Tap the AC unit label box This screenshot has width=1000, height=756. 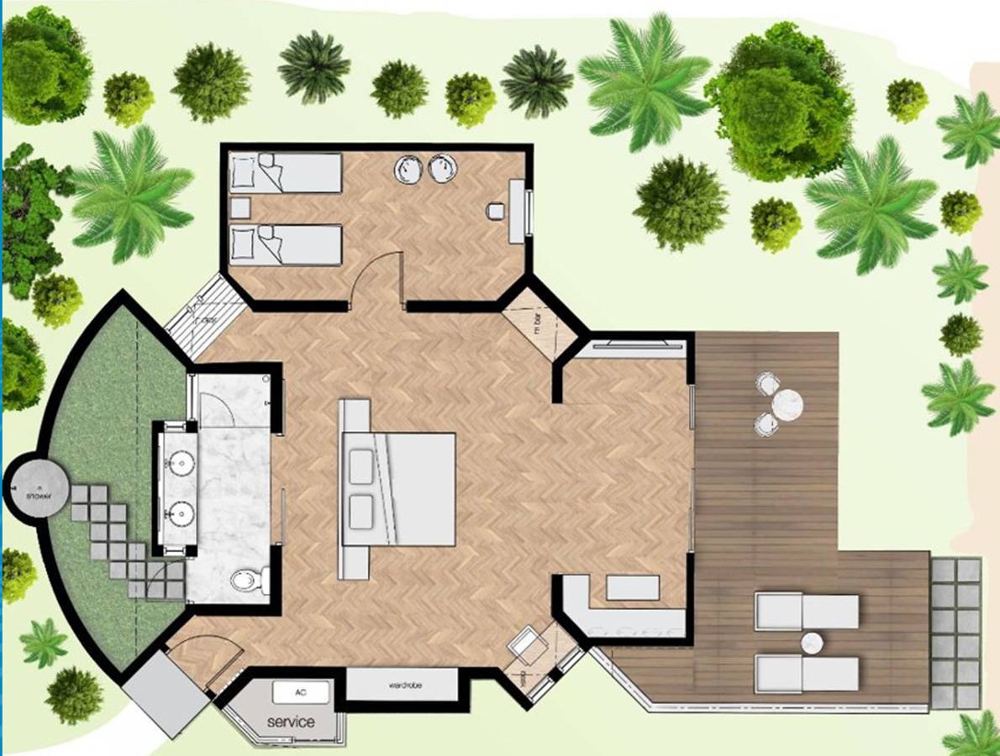301,692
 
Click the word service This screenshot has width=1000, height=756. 291,722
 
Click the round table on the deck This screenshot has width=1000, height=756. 787,405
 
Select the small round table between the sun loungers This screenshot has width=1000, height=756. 812,643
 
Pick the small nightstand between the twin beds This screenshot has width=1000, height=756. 240,207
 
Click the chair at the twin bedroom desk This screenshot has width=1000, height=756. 496,211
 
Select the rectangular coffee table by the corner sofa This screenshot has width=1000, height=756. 633,588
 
